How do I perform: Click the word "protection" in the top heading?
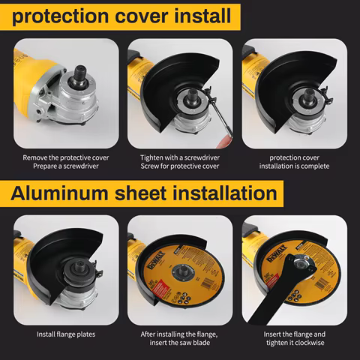[60, 16]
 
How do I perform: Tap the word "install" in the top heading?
[202, 16]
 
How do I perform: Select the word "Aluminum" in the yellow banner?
[59, 193]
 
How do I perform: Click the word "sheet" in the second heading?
[141, 193]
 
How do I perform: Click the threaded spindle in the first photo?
[80, 75]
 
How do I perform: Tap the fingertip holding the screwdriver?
[224, 142]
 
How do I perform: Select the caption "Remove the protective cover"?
[66, 157]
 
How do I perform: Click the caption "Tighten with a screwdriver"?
[180, 157]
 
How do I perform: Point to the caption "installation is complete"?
[294, 166]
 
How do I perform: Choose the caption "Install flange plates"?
[66, 334]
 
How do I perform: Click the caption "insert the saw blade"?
[180, 343]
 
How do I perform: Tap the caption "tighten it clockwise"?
[295, 343]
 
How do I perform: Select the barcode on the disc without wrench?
[207, 283]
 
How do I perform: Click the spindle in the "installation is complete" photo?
[308, 96]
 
